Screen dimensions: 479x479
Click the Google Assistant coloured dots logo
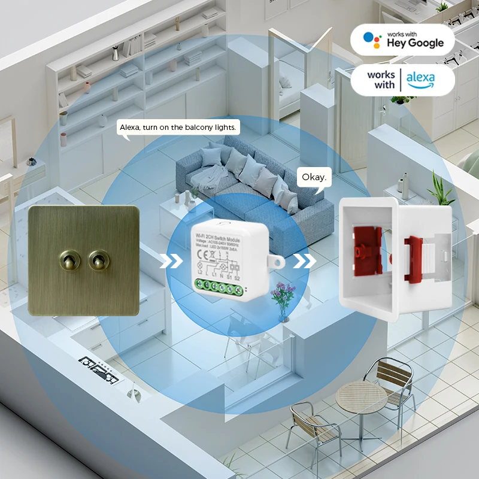click(x=372, y=40)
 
